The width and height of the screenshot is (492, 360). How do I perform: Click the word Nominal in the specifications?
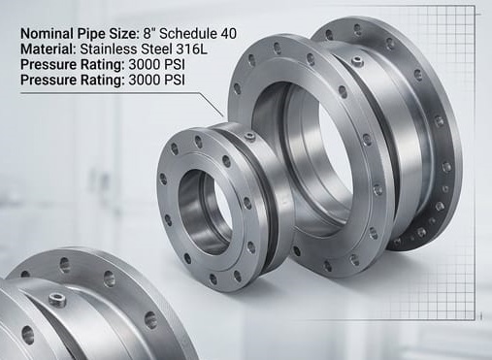48,34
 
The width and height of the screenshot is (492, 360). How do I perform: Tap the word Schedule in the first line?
188,34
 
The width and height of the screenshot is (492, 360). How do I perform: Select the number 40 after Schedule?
228,34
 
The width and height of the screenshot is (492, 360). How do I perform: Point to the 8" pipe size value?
149,34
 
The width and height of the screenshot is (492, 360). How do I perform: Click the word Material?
48,49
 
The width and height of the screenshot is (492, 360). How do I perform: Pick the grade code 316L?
191,49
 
